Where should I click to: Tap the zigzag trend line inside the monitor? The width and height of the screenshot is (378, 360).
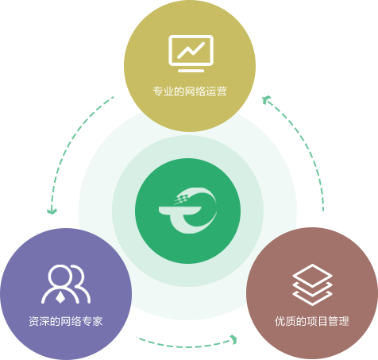(191, 50)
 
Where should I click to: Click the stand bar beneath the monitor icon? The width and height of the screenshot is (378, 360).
(191, 71)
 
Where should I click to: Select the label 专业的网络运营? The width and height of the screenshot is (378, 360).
(190, 91)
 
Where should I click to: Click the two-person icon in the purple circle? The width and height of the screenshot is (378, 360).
(66, 284)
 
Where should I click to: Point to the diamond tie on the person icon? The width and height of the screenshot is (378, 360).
(60, 298)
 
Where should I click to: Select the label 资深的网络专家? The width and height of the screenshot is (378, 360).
(65, 321)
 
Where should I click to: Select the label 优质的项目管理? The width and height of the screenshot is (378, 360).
(312, 321)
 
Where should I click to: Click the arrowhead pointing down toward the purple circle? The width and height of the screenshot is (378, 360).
(52, 211)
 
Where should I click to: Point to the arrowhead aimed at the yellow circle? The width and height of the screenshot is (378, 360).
(266, 100)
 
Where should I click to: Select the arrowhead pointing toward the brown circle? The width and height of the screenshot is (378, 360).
(233, 339)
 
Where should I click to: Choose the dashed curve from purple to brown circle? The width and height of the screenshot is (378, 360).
(185, 346)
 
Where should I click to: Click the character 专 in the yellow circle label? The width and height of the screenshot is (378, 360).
(158, 91)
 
